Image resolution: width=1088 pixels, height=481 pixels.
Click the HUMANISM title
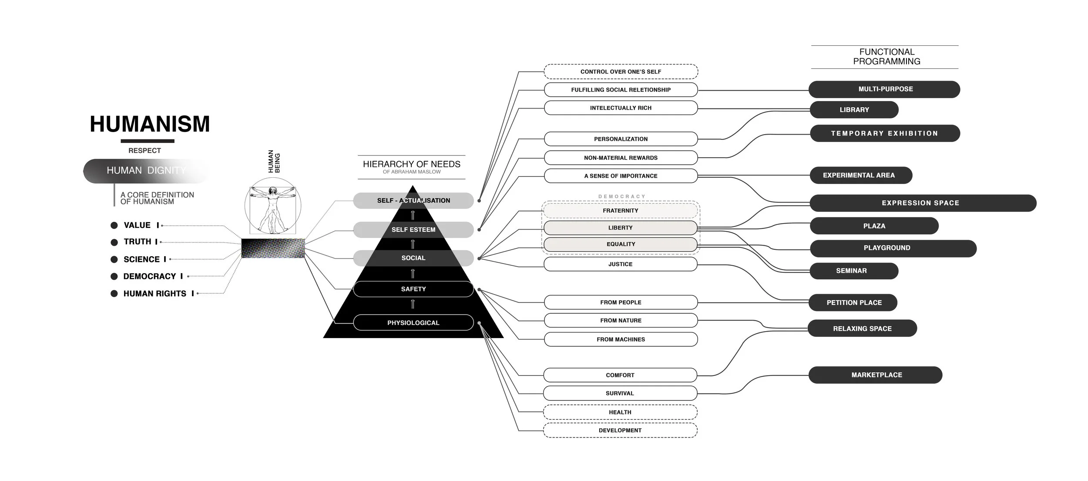point(150,124)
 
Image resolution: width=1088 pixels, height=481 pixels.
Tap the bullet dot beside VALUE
point(114,225)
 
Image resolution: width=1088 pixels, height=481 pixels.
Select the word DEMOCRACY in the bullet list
point(149,276)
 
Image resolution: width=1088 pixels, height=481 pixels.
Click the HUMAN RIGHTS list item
point(154,294)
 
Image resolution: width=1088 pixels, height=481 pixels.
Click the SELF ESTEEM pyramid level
point(413,230)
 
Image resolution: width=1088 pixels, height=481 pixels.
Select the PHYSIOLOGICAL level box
point(413,323)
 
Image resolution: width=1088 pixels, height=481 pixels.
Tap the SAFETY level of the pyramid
point(413,289)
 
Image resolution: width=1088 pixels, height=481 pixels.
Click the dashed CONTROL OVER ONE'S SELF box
point(621,71)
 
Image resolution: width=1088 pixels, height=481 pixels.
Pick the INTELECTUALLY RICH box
point(621,108)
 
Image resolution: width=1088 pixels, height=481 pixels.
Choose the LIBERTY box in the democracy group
point(620,228)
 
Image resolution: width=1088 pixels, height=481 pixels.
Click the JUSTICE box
point(620,264)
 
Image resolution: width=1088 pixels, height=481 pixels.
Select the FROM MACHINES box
point(621,339)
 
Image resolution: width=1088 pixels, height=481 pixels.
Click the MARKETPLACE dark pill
point(876,375)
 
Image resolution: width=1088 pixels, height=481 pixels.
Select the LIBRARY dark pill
point(854,110)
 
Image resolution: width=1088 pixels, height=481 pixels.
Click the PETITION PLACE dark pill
point(853,302)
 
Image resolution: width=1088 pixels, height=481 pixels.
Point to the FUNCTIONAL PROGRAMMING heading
point(886,57)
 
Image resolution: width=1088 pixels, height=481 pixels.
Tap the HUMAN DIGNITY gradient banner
point(146,170)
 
